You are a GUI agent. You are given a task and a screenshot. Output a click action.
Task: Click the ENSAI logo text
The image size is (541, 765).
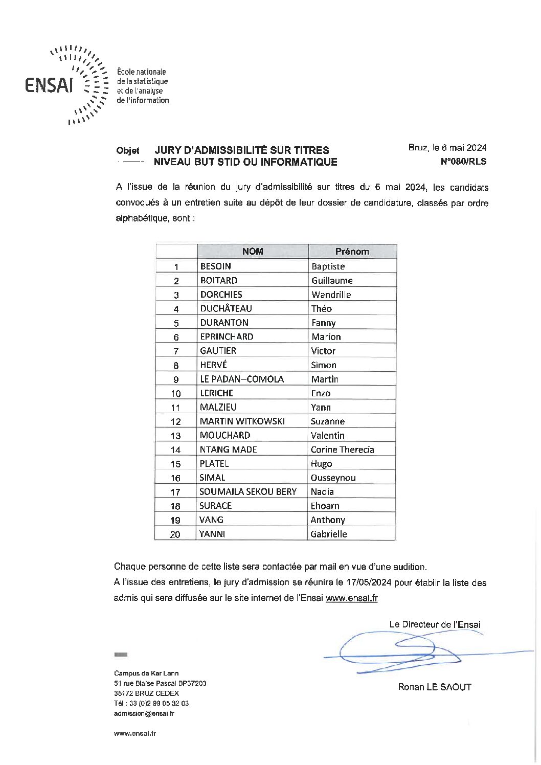(49, 85)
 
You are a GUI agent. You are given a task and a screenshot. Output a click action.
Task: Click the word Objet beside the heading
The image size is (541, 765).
(127, 151)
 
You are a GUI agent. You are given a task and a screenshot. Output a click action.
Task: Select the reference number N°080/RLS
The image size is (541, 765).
(463, 162)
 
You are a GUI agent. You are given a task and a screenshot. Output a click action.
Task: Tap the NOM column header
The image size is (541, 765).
(253, 251)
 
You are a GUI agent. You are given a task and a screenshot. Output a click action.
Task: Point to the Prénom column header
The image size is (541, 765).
(352, 251)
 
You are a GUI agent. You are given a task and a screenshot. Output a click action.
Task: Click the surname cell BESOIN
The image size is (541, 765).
(216, 266)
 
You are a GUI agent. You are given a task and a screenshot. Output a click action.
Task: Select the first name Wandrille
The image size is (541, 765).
(331, 295)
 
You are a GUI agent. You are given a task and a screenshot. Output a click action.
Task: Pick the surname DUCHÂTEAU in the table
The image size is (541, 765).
(226, 308)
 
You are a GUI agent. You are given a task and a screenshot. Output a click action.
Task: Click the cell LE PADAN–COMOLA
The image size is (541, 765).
(242, 379)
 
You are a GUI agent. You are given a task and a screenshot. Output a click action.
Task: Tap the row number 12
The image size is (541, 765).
(175, 422)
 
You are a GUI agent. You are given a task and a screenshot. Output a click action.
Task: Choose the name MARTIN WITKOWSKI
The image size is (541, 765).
(242, 421)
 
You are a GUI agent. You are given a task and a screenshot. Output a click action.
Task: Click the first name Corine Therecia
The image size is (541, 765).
(342, 449)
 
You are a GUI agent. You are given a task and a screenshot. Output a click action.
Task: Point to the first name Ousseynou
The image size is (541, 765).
(333, 478)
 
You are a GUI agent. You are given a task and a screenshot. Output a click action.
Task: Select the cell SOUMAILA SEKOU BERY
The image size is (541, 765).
(248, 491)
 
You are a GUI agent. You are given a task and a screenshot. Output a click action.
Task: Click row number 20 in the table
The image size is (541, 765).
(175, 534)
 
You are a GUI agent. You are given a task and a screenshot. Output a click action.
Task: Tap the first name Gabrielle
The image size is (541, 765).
(328, 534)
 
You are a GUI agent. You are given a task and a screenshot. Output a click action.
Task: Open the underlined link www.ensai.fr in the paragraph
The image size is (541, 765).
(351, 598)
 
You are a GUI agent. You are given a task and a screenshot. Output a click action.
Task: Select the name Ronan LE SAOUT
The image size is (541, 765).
(435, 687)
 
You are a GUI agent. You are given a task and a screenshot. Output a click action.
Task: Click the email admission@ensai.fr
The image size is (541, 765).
(144, 713)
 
